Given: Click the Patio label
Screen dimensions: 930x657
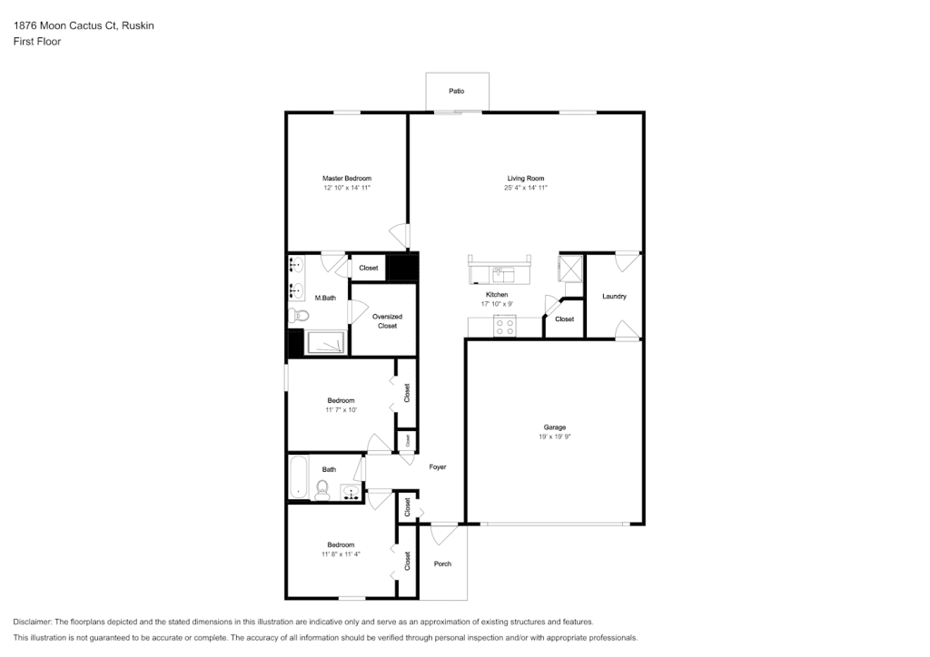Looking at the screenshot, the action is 456,91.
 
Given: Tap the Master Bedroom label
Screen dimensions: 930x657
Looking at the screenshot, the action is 347,179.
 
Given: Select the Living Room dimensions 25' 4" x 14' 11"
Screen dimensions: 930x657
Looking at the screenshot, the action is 526,188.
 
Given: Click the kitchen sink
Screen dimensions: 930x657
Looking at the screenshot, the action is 503,275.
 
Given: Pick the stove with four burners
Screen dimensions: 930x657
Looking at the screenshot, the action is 505,327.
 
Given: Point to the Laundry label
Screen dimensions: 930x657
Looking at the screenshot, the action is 614,296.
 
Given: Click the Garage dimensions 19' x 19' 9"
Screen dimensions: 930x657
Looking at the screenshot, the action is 555,436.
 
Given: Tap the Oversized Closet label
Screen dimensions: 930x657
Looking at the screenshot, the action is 387,321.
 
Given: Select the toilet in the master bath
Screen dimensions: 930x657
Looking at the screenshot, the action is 298,316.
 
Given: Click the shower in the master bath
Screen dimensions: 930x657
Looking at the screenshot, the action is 325,343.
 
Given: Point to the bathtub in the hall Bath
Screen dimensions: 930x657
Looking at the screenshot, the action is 298,477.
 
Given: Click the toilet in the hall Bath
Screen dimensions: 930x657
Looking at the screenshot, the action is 322,491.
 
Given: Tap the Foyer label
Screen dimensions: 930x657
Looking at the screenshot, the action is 438,466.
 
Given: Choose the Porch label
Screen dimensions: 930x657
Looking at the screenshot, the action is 442,564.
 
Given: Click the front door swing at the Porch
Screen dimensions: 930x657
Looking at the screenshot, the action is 443,534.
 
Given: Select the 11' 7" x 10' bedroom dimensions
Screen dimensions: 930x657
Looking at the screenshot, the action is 341,410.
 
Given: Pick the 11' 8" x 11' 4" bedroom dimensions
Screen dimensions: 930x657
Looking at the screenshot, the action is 341,554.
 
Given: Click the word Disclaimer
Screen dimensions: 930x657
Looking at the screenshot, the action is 32,622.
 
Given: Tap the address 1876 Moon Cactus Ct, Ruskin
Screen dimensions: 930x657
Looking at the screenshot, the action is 84,25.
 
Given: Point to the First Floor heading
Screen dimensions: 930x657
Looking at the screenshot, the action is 36,42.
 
